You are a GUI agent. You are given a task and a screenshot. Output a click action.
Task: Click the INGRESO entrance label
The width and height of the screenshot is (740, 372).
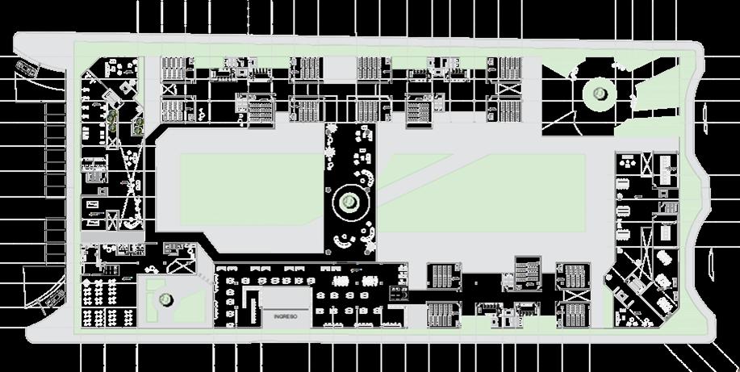click(286, 316)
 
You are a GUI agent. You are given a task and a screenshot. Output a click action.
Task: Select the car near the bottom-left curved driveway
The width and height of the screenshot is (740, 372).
click(53, 300)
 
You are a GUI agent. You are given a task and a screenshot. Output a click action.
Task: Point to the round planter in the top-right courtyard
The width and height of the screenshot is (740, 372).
click(600, 94)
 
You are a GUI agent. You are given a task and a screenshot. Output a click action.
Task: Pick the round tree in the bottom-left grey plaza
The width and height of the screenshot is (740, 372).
click(165, 300)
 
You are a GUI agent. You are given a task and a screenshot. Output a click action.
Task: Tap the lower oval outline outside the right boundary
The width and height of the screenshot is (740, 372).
click(712, 262)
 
